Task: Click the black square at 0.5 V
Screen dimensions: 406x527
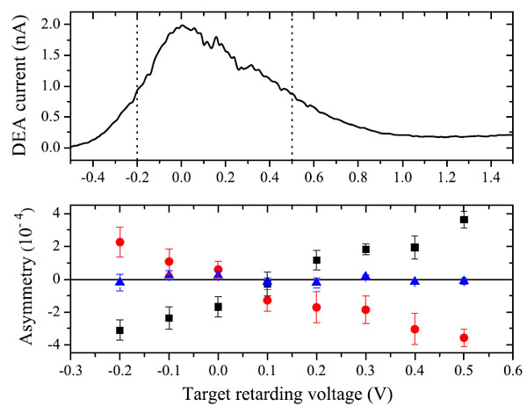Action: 464,220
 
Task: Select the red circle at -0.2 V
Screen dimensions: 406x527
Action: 119,242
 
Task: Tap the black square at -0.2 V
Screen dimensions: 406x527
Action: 119,330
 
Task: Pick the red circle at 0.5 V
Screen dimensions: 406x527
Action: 464,338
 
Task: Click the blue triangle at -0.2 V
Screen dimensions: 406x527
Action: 119,282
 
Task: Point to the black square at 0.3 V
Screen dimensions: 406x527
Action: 365,250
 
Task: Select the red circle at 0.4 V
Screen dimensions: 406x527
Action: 415,330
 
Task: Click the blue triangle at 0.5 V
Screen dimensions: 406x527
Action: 464,280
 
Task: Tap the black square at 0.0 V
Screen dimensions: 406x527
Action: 218,307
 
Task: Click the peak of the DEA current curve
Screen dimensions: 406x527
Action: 181,26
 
